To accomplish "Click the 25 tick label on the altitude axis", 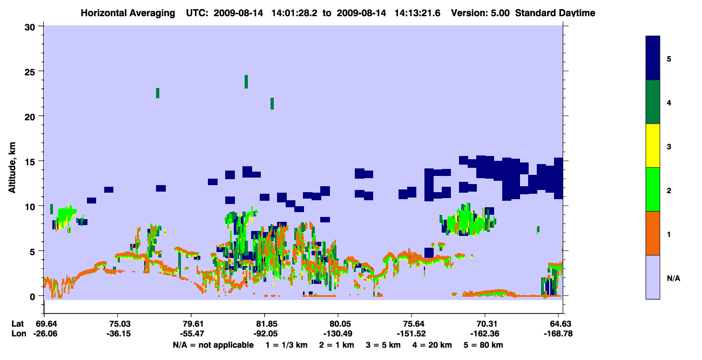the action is [30, 72].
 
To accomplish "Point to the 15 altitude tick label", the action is [30, 162].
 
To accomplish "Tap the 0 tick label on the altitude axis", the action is [32, 297].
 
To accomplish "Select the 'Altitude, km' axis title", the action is [12, 168].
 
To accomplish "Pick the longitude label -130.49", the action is [337, 334].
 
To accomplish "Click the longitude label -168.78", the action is [558, 334].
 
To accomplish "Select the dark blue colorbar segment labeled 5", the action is [652, 58].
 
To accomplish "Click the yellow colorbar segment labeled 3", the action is [652, 146].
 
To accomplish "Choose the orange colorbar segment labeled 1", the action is [652, 233].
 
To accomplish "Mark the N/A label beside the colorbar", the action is [673, 278].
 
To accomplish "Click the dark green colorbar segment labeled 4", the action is [652, 102].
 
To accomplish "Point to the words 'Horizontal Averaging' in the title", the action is [128, 13].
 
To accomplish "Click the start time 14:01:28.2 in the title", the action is [294, 13].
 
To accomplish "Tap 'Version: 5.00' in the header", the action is [480, 13].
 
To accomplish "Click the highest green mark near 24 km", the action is [246, 82].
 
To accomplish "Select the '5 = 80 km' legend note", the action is [483, 345].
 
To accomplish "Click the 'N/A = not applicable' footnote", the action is [213, 345].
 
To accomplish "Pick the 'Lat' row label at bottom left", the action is [17, 324].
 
